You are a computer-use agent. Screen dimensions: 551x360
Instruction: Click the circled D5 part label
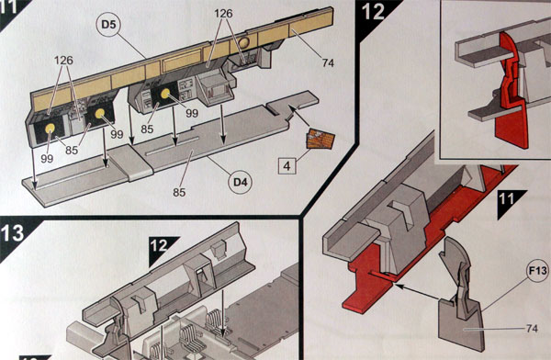coord(108,24)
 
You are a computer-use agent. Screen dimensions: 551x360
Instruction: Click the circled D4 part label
coord(241,182)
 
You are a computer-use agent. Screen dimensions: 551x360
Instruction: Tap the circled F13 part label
coord(537,271)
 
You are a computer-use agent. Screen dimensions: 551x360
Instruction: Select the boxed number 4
coord(287,166)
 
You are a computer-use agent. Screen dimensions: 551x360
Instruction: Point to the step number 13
coord(13,233)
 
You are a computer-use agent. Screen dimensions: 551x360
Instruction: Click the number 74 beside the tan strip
coord(328,63)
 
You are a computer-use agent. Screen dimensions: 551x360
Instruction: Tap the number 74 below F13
coord(532,329)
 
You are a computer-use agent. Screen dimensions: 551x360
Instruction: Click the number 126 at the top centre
coord(223,14)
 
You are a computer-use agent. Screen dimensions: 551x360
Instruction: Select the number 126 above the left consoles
coord(63,60)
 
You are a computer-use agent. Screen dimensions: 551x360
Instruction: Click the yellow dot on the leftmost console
coord(50,129)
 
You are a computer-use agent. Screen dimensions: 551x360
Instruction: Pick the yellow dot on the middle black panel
coord(165,93)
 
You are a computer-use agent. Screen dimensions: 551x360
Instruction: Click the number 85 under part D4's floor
coord(179,192)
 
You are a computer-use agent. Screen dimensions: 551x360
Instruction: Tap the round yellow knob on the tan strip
coord(244,42)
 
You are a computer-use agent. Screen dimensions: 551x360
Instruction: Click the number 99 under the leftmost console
coord(47,159)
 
